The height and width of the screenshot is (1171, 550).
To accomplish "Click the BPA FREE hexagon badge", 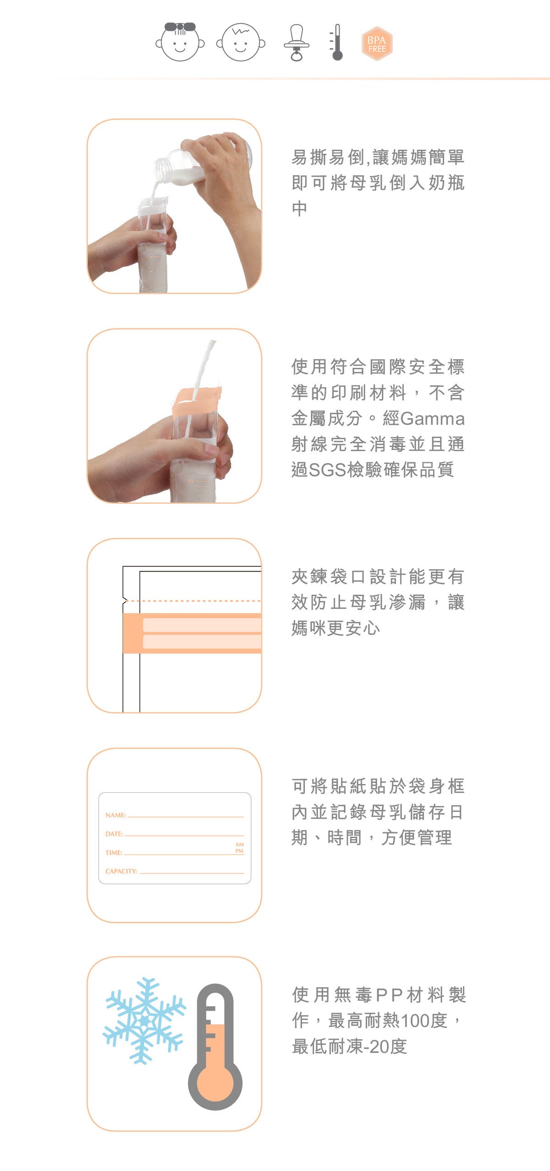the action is [377, 44].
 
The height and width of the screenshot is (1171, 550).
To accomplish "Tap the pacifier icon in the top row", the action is [297, 43].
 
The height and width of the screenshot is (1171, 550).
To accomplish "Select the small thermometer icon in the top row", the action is [336, 43].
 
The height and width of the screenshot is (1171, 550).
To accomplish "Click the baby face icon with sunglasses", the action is [180, 42].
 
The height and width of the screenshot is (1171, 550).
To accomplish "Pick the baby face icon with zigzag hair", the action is [241, 43].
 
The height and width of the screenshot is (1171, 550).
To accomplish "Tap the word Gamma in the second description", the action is [432, 419].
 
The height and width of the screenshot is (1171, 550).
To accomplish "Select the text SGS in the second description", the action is [328, 470].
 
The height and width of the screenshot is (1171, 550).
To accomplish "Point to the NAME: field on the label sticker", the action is [115, 815].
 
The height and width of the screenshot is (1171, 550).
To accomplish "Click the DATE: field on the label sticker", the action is [114, 834].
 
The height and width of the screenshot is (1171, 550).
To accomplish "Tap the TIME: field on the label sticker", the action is [114, 853].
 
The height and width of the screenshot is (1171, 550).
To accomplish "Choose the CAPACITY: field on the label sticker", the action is [121, 871].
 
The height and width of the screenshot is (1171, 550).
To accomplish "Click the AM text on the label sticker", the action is [239, 844].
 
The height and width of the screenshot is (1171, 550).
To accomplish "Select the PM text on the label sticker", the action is [239, 851].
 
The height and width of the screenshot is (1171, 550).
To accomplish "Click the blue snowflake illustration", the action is [144, 1020].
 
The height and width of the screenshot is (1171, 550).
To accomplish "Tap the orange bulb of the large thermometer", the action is [215, 1084].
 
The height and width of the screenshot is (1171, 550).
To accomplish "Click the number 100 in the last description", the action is [414, 1021].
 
